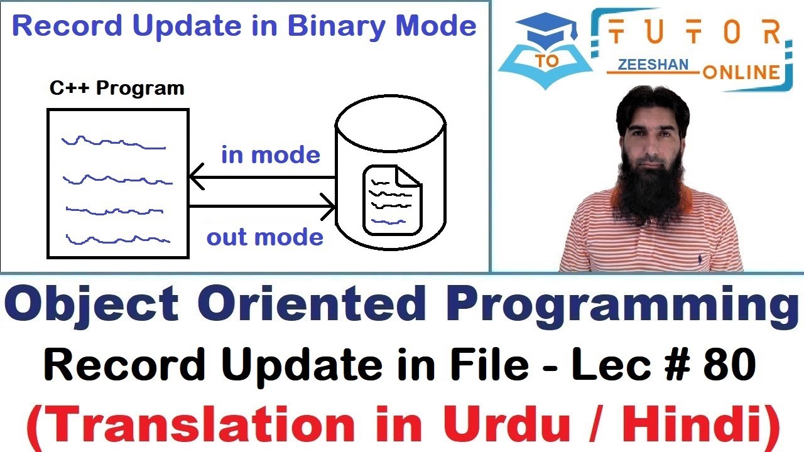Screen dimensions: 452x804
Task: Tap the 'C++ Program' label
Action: pos(117,88)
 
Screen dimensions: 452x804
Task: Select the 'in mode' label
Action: pos(271,155)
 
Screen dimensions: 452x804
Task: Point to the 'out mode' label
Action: pos(265,238)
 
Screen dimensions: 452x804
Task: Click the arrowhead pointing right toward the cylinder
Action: pos(328,206)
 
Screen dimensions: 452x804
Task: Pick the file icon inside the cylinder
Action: pos(392,199)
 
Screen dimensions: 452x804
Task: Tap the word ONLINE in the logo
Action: pos(741,72)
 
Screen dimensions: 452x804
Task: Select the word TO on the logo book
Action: pos(548,60)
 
